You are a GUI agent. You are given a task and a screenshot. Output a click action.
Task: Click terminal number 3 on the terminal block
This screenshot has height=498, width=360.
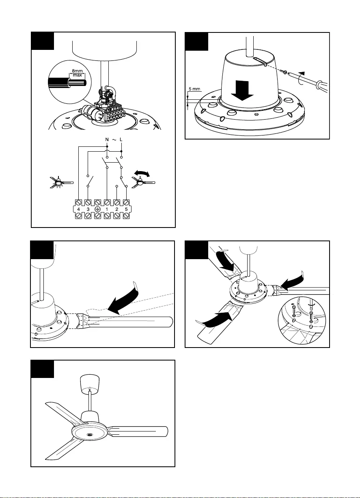tap(88, 209)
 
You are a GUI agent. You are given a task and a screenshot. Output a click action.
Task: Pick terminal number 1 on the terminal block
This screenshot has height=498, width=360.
tap(107, 209)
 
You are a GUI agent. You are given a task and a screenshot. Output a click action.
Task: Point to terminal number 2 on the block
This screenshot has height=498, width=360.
tap(117, 209)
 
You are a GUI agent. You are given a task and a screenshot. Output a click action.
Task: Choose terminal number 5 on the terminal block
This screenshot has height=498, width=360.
tap(126, 209)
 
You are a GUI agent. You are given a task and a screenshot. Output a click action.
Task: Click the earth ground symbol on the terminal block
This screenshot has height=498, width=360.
tap(97, 209)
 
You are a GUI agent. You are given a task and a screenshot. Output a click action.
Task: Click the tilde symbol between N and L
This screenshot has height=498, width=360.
tap(114, 139)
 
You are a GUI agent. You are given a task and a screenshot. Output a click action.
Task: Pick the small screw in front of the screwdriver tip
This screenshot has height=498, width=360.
tap(286, 72)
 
